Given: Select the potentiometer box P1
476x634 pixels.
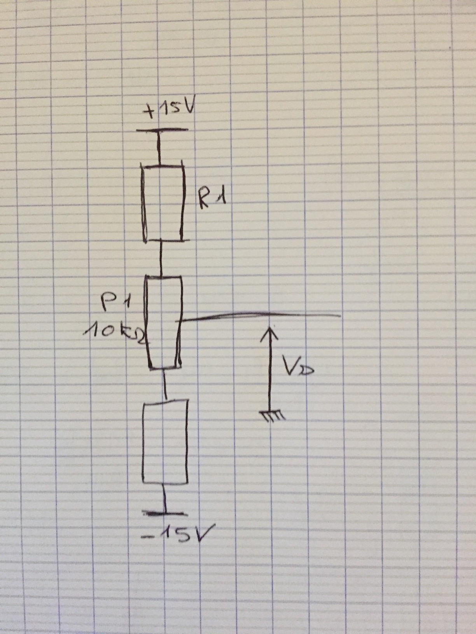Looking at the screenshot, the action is [163, 322].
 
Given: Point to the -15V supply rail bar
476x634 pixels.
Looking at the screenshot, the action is [164, 514].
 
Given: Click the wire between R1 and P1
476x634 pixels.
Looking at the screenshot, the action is [160, 259].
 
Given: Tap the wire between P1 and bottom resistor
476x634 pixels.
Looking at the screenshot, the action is [165, 385].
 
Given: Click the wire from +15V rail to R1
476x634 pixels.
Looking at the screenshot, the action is [158, 149].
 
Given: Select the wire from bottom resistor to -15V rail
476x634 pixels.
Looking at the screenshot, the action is [164, 498].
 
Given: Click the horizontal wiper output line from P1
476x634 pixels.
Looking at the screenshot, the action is [257, 315].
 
